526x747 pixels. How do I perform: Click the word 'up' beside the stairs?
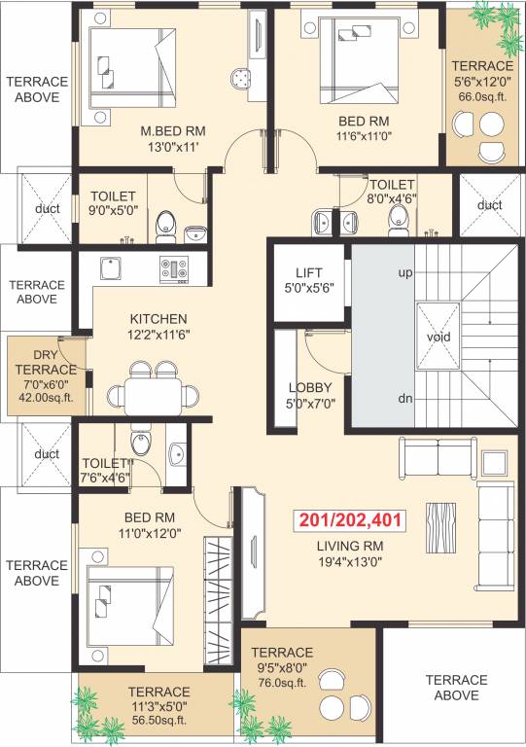point(405,272)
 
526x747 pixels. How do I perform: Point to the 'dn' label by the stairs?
point(405,399)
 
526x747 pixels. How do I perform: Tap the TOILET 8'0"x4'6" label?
point(392,193)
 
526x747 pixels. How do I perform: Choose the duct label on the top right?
point(489,205)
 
